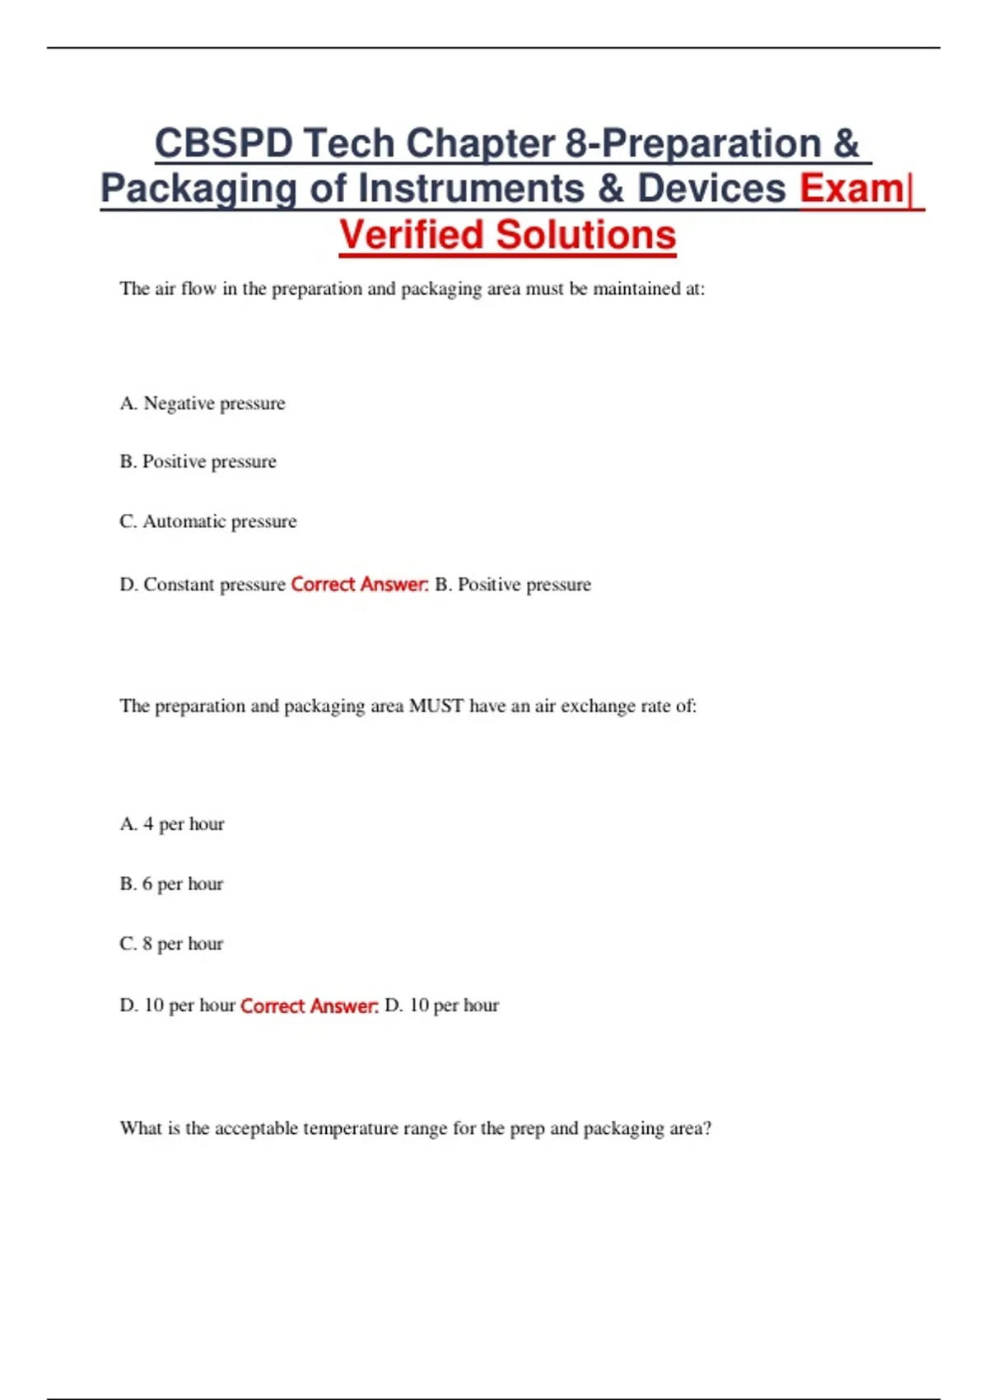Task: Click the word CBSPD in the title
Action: point(223,143)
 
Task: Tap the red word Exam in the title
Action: point(851,189)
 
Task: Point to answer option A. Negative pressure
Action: point(203,404)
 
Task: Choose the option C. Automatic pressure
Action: point(208,521)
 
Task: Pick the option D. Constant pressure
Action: point(203,585)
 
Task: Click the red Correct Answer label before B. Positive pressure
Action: point(360,585)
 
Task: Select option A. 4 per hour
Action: point(172,824)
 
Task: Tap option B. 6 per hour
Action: point(171,884)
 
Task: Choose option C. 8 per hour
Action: point(171,944)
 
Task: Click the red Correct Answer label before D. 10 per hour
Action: point(309,1006)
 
